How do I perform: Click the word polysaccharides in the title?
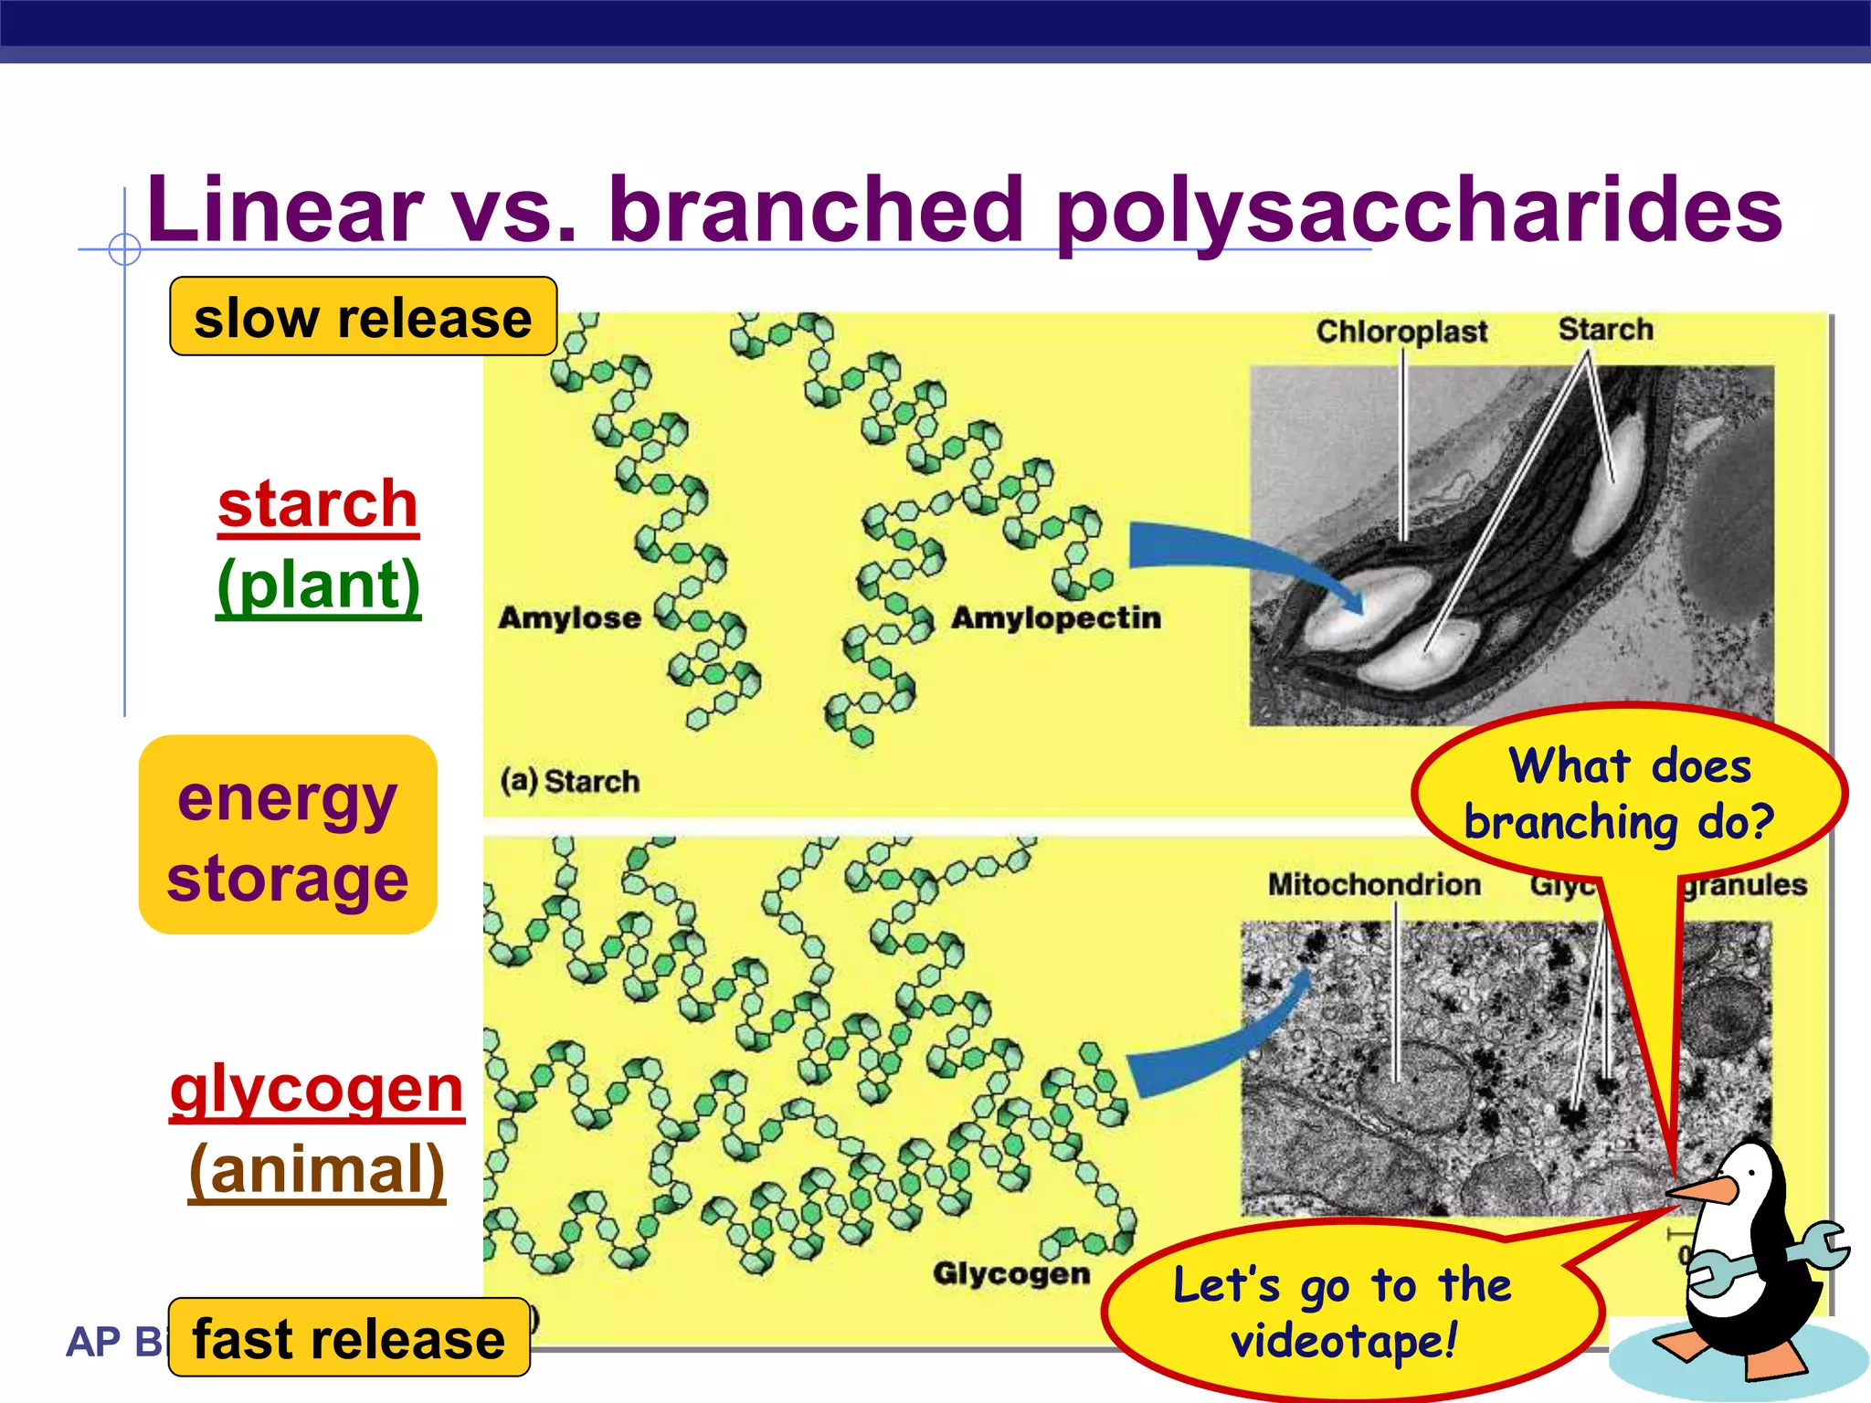click(1418, 212)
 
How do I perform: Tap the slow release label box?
click(363, 317)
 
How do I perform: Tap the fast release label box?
click(348, 1338)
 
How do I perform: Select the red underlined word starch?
click(318, 504)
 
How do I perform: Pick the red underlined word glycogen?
click(316, 1089)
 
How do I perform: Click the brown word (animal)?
click(316, 1169)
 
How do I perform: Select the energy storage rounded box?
click(287, 835)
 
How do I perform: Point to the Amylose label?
click(569, 618)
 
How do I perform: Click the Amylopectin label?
click(1055, 618)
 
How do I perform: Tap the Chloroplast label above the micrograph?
click(1401, 331)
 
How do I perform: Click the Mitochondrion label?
click(1373, 884)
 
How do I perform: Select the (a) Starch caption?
click(569, 781)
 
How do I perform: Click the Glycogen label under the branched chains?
click(1010, 1272)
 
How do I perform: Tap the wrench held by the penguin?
click(1813, 1250)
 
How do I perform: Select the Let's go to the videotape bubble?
click(1343, 1312)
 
